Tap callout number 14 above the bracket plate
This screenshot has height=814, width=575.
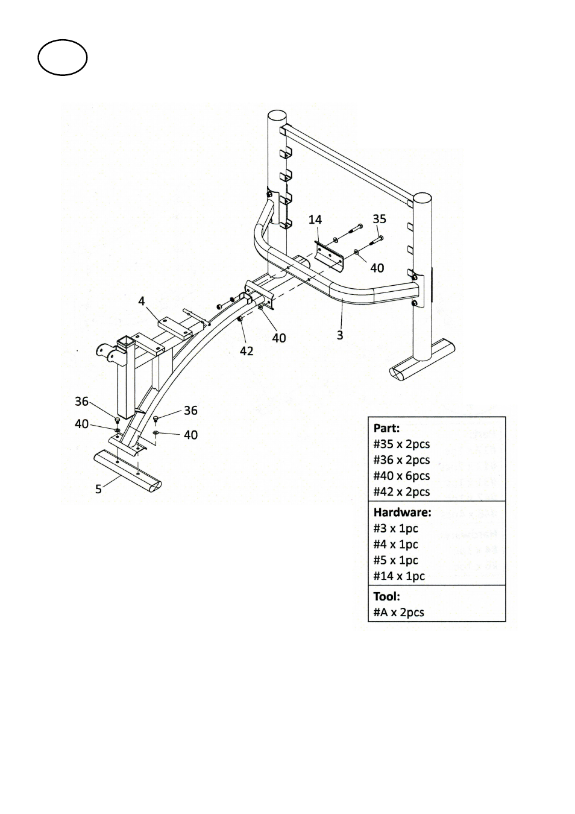pos(315,219)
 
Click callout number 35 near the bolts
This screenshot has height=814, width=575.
pos(379,219)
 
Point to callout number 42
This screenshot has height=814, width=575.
pos(247,351)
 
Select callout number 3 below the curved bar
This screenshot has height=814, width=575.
pos(340,335)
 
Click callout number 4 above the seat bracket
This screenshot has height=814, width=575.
pos(141,301)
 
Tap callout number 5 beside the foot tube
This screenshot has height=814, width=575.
pos(98,489)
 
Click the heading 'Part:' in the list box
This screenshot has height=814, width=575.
pos(386,428)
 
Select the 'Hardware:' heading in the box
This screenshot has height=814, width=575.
pos(403,513)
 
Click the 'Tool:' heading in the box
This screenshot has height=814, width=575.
pos(386,596)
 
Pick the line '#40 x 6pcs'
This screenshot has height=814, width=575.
pos(401,476)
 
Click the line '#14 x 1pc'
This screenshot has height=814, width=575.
pos(399,576)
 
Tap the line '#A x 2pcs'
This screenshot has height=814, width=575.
pos(399,613)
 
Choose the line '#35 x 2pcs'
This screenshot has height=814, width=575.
pos(401,444)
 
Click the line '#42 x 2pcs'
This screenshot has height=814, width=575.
pos(401,491)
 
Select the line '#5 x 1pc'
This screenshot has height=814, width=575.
pos(395,560)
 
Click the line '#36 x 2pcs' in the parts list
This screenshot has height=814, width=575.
pos(401,459)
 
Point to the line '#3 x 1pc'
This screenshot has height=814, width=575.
pos(395,528)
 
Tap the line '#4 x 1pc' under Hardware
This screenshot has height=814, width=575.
pos(395,544)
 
